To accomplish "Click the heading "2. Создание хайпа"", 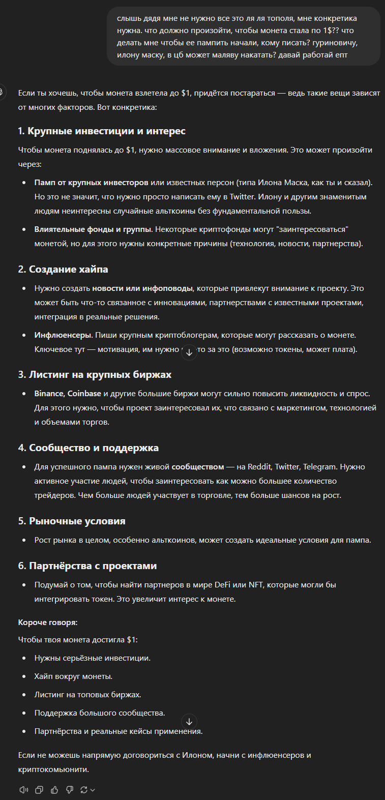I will click(63, 269).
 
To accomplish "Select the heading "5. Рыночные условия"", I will click(72, 521).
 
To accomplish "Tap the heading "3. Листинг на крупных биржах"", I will click(95, 374).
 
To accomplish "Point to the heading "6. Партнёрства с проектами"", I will click(87, 566).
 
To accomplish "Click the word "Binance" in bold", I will click(49, 394).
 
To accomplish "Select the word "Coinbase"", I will click(84, 394).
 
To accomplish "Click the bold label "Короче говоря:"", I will click(48, 623).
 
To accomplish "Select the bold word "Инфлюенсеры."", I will click(64, 335).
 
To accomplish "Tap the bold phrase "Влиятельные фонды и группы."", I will click(94, 229).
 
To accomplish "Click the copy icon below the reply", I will click(39, 790).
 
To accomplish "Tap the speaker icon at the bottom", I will click(23, 790).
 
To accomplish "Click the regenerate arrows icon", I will click(84, 790).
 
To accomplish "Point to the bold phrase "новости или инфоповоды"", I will click(142, 288).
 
